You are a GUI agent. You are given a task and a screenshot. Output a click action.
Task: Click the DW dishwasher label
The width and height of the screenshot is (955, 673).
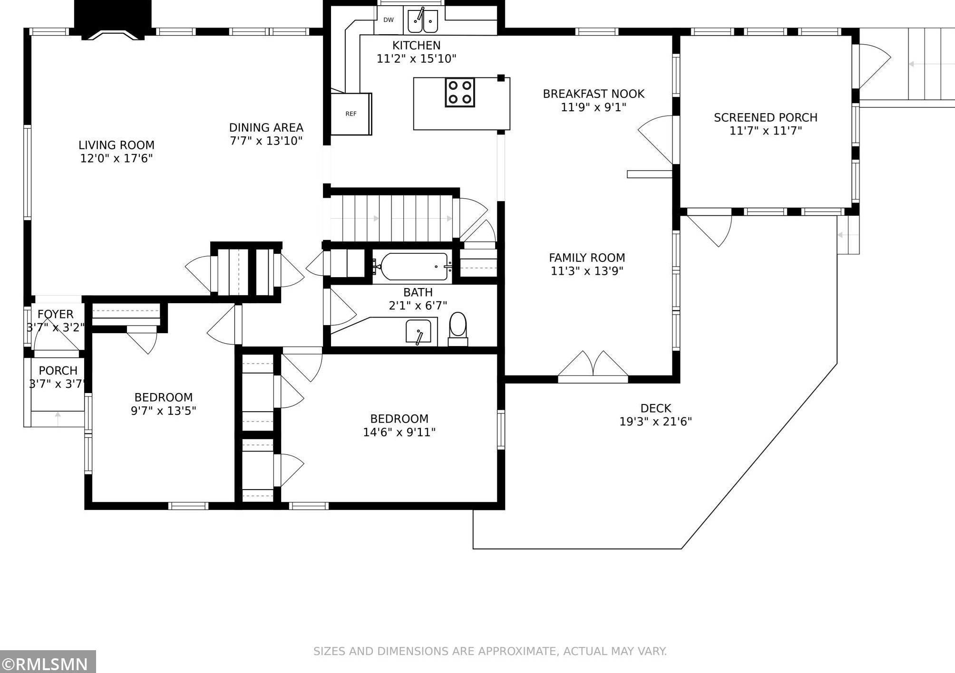(x=389, y=20)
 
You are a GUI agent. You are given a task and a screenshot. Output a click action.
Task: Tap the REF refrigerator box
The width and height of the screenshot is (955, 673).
(x=351, y=114)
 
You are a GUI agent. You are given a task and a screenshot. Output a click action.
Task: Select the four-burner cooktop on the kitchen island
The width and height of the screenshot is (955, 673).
(x=460, y=92)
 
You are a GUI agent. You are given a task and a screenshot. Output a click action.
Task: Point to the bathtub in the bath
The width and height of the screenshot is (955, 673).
(x=412, y=267)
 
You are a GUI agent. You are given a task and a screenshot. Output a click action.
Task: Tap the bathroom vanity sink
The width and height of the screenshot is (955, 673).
(x=419, y=331)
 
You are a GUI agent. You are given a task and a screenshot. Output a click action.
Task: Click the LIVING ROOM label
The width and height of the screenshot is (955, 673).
(x=117, y=145)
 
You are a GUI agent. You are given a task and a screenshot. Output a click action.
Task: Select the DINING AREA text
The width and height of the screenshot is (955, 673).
(x=266, y=127)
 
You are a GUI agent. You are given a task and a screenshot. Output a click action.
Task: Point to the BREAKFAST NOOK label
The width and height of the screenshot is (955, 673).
(x=594, y=94)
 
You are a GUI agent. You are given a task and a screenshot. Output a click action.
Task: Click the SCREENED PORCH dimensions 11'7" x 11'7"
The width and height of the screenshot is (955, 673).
(x=766, y=131)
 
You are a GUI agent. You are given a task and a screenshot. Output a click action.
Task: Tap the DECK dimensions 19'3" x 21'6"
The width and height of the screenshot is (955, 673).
(x=655, y=422)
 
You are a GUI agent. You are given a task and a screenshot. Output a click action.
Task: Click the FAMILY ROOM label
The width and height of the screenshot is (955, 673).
(x=587, y=258)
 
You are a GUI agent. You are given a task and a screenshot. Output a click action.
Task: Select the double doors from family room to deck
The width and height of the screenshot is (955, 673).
(x=593, y=367)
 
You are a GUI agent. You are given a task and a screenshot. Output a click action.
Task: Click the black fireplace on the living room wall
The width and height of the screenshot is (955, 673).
(x=113, y=19)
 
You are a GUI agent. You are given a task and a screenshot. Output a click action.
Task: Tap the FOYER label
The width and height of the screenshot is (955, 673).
(x=56, y=314)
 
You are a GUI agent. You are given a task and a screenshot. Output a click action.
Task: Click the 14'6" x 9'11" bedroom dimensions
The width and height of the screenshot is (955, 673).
(x=400, y=432)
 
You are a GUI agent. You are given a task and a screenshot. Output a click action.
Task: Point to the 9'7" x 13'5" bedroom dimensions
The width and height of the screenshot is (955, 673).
(x=164, y=411)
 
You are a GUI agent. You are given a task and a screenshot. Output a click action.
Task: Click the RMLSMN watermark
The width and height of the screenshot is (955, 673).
(x=48, y=663)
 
